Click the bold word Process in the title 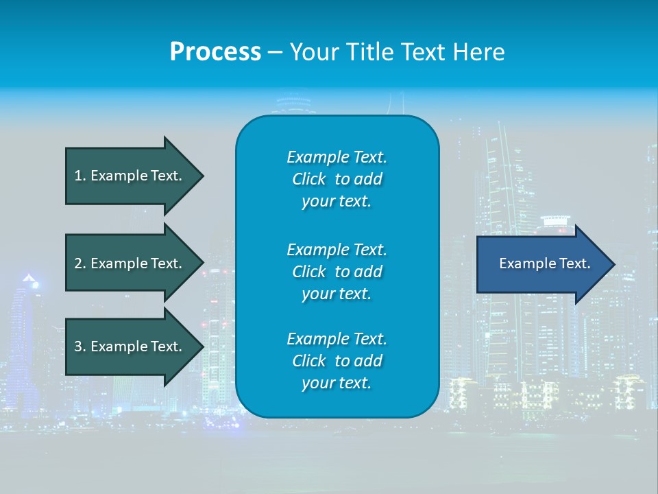click(215, 52)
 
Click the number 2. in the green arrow click(80, 263)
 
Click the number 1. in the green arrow click(80, 176)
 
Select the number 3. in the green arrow click(80, 346)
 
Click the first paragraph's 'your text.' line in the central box click(337, 202)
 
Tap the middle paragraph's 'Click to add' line click(337, 272)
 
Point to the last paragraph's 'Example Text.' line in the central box click(337, 339)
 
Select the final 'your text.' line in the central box click(337, 384)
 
